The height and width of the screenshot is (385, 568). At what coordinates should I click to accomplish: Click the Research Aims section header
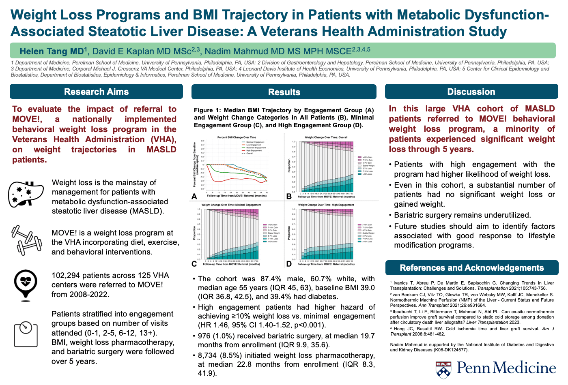tap(96, 92)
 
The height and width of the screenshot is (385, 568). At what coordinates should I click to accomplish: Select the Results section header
tap(284, 92)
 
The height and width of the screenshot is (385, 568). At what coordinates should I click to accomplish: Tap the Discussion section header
tap(471, 92)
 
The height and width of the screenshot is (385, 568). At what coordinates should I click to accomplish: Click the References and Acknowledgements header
tap(471, 268)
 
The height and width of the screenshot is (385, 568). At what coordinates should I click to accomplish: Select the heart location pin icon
tap(26, 283)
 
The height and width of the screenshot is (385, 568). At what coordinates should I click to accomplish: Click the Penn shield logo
tap(443, 369)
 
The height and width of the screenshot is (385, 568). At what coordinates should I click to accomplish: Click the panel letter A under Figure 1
tap(194, 197)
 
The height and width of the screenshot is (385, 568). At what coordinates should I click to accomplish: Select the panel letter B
tap(289, 197)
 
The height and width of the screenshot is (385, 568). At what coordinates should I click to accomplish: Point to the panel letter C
tap(194, 264)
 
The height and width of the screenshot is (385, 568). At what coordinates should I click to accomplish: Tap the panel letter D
tap(289, 264)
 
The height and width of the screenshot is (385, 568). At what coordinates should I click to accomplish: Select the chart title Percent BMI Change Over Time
tap(237, 137)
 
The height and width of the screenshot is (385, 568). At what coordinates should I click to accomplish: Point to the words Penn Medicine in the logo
tap(506, 368)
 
